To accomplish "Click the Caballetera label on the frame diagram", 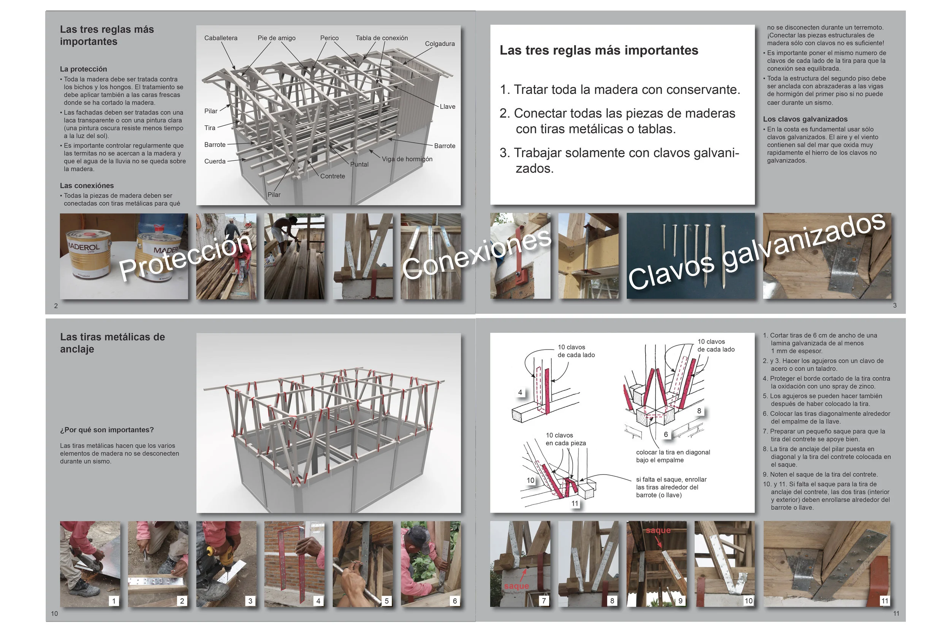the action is [220, 38].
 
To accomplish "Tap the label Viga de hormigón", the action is [407, 159].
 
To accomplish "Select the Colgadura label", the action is [439, 44].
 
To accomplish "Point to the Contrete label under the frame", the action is [332, 176].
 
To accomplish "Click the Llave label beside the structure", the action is [447, 106].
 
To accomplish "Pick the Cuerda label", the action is [215, 161].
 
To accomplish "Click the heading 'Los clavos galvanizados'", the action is [805, 119].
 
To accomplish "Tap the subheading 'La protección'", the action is [84, 69].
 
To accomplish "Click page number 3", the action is [894, 305].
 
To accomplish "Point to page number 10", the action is [54, 613].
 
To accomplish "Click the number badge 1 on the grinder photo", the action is [114, 601].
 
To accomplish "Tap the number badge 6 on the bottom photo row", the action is [454, 601].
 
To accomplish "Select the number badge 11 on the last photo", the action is [884, 601].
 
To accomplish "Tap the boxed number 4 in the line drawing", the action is [520, 392].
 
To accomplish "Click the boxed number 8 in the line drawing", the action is [699, 411].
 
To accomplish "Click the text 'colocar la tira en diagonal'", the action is [673, 452].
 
